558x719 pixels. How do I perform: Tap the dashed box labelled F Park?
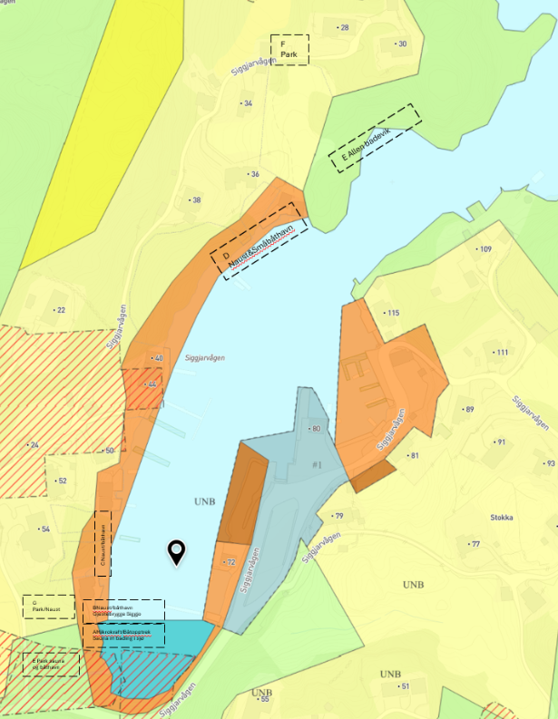[x=289, y=49]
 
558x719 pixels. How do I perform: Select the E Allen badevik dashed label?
[x=376, y=138]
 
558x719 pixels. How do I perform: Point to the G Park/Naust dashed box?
[x=49, y=607]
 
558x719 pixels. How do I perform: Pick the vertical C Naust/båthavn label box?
[x=103, y=543]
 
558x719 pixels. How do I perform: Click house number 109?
[x=485, y=249]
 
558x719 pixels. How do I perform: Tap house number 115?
[x=392, y=313]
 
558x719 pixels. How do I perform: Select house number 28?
[x=343, y=28]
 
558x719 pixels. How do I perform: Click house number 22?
[x=60, y=310]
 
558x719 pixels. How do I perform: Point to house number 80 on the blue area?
[x=316, y=428]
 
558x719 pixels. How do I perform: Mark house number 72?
[x=230, y=562]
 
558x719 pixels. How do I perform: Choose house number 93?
[x=549, y=463]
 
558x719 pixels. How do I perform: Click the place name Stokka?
[x=501, y=518]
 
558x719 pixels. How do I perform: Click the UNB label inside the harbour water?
[x=205, y=500]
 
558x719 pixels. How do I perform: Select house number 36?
[x=254, y=174]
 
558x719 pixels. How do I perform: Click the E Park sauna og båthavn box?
[x=51, y=665]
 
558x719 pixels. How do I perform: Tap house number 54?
[x=44, y=529]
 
